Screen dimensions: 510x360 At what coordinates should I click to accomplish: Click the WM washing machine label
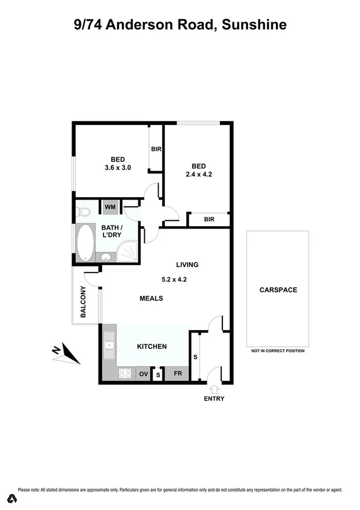(110, 207)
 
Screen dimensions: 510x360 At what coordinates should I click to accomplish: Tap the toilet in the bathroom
(84, 211)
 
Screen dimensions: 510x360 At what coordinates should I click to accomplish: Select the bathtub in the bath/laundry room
(85, 242)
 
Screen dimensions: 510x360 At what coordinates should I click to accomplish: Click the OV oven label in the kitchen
(144, 374)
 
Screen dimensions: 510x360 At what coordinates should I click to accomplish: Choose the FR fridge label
(177, 374)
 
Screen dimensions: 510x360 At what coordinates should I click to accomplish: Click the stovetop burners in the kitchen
(125, 373)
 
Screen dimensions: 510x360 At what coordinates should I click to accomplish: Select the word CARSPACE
(278, 290)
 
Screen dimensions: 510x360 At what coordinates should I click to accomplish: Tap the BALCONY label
(84, 303)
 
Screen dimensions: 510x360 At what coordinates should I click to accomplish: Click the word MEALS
(151, 298)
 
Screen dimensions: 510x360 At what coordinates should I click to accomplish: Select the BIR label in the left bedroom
(155, 149)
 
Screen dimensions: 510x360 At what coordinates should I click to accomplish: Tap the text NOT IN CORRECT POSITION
(278, 351)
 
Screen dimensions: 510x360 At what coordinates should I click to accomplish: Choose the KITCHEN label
(151, 346)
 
